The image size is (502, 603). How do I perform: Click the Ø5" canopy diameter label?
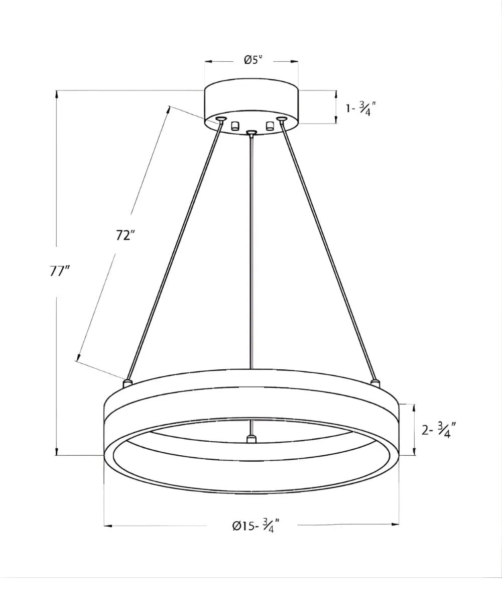tap(253, 60)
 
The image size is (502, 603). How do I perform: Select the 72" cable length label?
tap(125, 235)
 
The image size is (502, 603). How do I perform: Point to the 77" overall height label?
tap(60, 271)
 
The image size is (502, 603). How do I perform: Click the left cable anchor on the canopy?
tap(221, 119)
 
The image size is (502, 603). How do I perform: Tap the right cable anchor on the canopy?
tap(281, 119)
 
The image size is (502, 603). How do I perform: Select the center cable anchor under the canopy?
tap(252, 133)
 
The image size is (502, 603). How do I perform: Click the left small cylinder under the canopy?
tap(235, 126)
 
